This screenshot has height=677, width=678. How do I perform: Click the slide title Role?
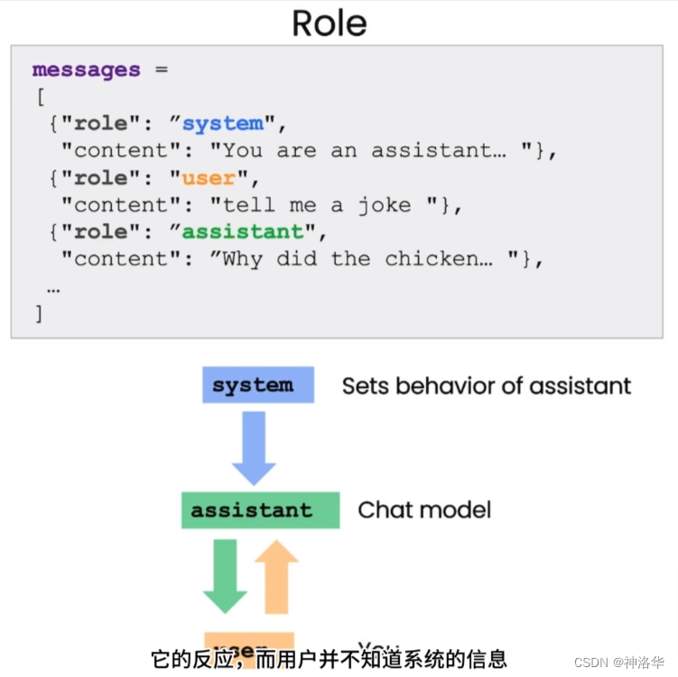click(330, 23)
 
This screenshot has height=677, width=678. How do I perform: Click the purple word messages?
click(86, 70)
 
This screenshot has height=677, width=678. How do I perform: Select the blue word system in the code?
click(223, 124)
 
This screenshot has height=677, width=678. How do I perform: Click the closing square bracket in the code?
click(39, 313)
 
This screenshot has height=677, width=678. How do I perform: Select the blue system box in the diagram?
click(257, 385)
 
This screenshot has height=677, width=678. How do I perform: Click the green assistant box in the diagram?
click(260, 510)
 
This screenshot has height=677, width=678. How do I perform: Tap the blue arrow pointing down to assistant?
click(254, 447)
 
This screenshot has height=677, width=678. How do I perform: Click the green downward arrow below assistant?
click(225, 575)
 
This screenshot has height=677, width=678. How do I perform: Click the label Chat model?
click(424, 510)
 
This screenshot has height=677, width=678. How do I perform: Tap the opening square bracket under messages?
click(39, 97)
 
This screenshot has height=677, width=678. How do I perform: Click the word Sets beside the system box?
click(365, 386)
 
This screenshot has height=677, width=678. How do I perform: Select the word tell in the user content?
click(250, 205)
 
